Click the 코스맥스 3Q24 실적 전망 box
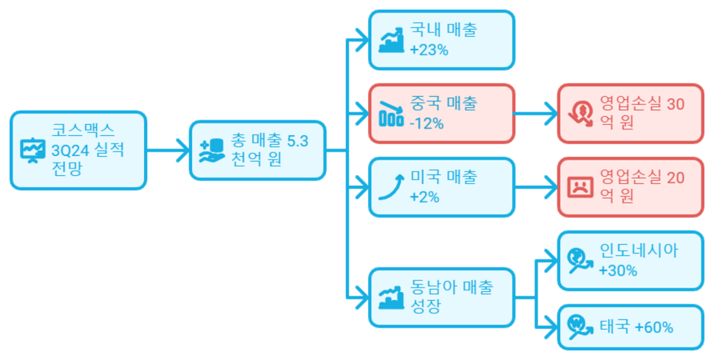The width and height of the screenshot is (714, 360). pyautogui.click(x=78, y=150)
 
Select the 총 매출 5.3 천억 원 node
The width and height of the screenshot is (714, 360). pyautogui.click(x=257, y=150)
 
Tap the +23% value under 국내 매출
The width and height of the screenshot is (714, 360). pyautogui.click(x=429, y=50)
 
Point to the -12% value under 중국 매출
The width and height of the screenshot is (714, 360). pyautogui.click(x=426, y=123)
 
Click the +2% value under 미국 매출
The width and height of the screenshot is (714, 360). pyautogui.click(x=424, y=197)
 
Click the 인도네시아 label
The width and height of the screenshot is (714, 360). pyautogui.click(x=639, y=250)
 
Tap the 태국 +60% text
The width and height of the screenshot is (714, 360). pyautogui.click(x=636, y=327)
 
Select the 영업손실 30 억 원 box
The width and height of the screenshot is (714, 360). pyautogui.click(x=630, y=113)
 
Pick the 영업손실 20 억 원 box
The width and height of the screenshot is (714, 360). pyautogui.click(x=630, y=187)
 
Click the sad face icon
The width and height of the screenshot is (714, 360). pyautogui.click(x=580, y=187)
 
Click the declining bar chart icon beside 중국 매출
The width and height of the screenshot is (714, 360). pyautogui.click(x=391, y=114)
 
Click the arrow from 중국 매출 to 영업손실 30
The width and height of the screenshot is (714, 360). pyautogui.click(x=535, y=114)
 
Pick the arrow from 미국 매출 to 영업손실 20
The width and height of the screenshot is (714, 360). pyautogui.click(x=535, y=187)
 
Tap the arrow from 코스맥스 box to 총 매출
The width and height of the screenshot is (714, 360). pyautogui.click(x=168, y=151)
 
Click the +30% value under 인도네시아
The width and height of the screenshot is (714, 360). pyautogui.click(x=618, y=271)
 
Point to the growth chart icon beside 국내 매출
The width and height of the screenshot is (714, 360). pyautogui.click(x=391, y=40)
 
